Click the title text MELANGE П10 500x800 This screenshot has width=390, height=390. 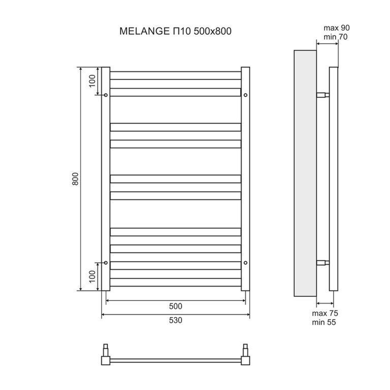pos(175,31)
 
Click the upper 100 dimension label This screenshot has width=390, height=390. pos(92,81)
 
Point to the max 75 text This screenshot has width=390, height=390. pos(325,313)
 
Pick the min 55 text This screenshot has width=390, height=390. pos(324,322)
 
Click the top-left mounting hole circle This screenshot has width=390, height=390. pos(106,95)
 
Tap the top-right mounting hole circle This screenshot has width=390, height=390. pos(245,95)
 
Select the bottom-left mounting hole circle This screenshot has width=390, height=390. pos(106,262)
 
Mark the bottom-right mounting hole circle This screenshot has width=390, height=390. pos(245,262)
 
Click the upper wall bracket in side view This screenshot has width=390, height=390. pos(323,95)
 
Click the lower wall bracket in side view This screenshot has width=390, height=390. pos(323,262)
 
